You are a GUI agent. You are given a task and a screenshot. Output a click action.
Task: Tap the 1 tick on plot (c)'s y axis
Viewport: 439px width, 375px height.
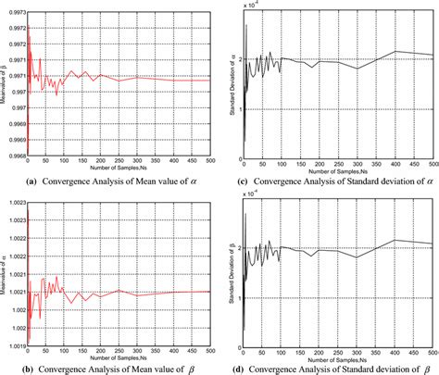[238, 109]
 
